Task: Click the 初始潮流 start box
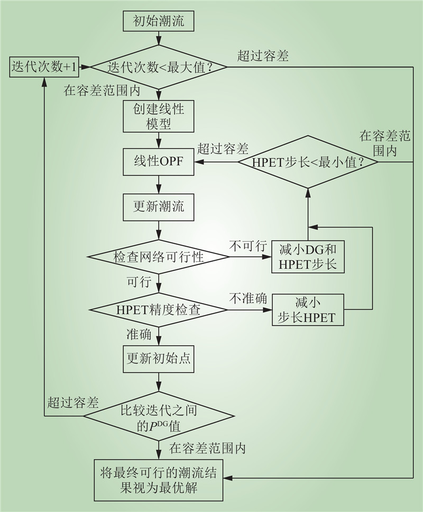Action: pos(158,22)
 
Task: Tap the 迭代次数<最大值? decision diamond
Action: pos(159,67)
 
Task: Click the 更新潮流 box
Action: pos(159,207)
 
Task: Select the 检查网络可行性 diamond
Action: pos(159,257)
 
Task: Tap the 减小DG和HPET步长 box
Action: pos(308,257)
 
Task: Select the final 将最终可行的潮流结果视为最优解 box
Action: pos(159,480)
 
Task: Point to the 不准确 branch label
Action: pos(245,298)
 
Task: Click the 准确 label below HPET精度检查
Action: pos(138,335)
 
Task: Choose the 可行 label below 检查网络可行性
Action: pos(139,281)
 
